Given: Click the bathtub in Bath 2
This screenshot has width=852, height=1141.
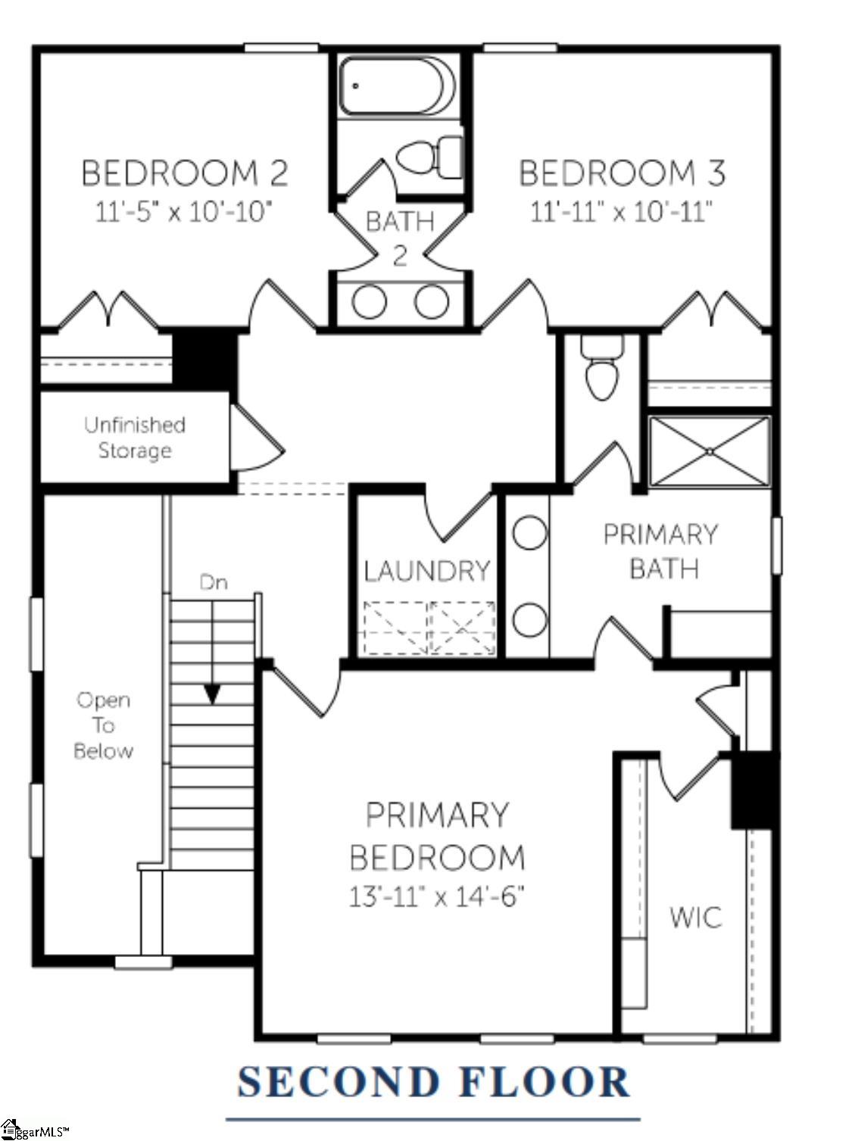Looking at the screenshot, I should (397, 86).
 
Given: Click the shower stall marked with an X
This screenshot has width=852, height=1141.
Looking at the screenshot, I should (710, 451).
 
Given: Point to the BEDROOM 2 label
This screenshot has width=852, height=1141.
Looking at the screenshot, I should (185, 173).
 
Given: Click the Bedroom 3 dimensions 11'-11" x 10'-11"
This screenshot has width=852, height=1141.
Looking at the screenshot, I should (621, 211).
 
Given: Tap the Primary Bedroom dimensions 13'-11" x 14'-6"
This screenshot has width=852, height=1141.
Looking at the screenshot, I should (436, 896).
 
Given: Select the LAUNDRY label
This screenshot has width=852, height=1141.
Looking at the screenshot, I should (427, 571).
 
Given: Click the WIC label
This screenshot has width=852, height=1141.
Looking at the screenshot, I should (695, 918).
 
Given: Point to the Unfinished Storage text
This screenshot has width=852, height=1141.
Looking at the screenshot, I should (135, 438).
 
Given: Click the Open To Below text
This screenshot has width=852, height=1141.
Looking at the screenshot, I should (104, 725).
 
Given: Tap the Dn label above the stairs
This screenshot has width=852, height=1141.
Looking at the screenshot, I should (213, 581).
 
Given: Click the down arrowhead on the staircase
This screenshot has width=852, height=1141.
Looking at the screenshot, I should (212, 694).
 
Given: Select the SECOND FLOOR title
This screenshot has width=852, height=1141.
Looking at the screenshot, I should (433, 1081).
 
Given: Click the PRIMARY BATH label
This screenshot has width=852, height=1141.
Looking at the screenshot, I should (660, 551).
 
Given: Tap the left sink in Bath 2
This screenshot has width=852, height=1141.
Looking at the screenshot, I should (370, 302).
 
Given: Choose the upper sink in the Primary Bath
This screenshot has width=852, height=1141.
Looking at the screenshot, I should (529, 532).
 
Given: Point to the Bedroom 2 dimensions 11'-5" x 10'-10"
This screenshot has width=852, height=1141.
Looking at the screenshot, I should (183, 211).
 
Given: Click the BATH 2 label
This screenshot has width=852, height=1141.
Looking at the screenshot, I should (400, 237).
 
